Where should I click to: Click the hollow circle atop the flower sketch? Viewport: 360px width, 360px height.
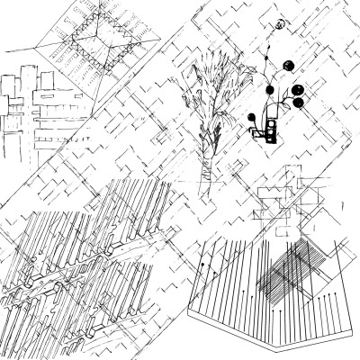pos(282,23)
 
